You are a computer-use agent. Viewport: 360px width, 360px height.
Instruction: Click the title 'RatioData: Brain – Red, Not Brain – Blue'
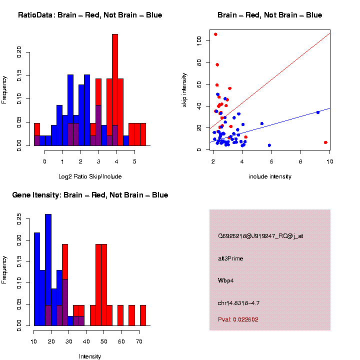pos(90,15)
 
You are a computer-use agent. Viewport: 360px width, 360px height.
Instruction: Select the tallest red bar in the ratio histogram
pos(115,90)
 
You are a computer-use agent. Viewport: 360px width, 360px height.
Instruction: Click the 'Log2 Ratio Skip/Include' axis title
pos(90,176)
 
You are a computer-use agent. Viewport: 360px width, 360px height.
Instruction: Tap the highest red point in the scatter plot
pos(215,34)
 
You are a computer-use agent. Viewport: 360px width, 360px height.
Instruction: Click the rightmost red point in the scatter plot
pos(325,142)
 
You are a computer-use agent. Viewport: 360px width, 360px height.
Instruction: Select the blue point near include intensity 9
pos(318,112)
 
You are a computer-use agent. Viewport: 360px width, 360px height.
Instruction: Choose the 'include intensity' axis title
pos(270,176)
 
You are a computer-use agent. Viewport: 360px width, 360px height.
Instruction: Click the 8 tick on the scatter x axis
pos(300,161)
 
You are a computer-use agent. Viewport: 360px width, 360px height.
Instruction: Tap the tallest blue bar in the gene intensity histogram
pos(48,270)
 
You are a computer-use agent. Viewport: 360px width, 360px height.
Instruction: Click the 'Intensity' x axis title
pos(90,356)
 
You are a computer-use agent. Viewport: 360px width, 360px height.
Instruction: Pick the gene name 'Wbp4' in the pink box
pos(226,280)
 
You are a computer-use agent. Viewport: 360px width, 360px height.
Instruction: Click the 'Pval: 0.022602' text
pos(238,319)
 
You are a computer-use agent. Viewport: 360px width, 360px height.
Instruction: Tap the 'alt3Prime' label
pos(230,258)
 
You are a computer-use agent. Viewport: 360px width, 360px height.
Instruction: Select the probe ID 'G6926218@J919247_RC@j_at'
pos(260,236)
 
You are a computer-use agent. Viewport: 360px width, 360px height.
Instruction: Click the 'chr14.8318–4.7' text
pos(239,303)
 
